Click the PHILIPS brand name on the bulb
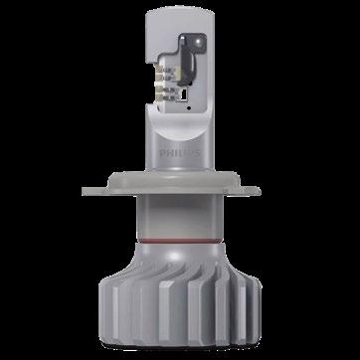[x=180, y=153]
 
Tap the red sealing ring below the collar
[x=179, y=241]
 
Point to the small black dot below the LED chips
[x=189, y=108]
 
